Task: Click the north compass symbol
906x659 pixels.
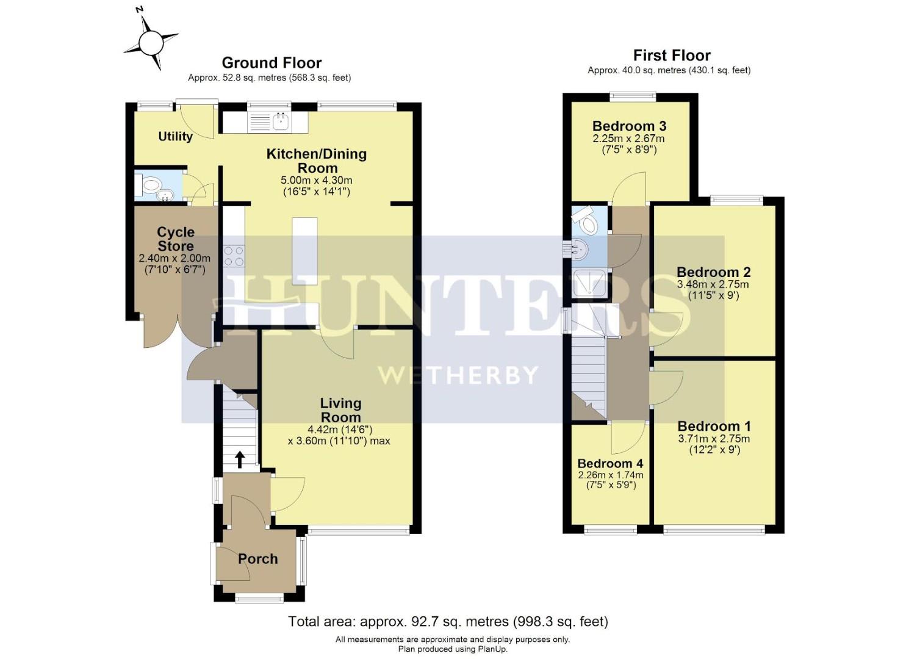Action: tap(151, 42)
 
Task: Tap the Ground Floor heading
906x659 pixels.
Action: tap(271, 63)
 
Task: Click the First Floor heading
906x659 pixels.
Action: tap(672, 56)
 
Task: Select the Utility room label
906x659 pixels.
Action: tap(175, 137)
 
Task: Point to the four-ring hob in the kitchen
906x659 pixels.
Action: tap(234, 255)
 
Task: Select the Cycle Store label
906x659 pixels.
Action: tap(176, 239)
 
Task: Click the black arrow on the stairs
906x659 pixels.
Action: tap(240, 459)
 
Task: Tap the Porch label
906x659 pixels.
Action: tap(257, 559)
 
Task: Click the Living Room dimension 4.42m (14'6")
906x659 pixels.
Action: tap(340, 430)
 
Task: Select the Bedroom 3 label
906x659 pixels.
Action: tap(629, 126)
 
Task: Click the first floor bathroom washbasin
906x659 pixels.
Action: tap(581, 248)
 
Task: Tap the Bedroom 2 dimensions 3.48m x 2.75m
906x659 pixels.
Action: tap(713, 284)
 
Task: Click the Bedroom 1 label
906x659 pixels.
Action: tap(714, 427)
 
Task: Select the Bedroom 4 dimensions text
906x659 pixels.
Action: tap(610, 480)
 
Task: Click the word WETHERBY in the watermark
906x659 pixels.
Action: tap(458, 375)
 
